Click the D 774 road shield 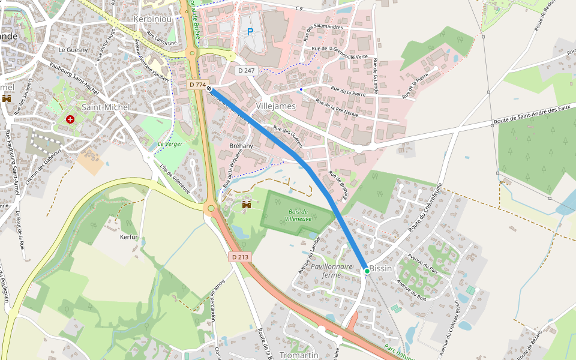pos(196,85)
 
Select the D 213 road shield pos(240,257)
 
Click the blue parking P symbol pos(250,31)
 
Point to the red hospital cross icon pos(71,119)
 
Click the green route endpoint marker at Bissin pos(367,271)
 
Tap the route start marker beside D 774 pos(209,89)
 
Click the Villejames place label pos(276,106)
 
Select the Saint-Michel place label pos(106,107)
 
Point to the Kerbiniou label pos(154,19)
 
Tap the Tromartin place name pos(299,355)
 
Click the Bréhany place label pos(241,146)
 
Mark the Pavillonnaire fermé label pos(331,269)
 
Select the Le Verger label pos(170,144)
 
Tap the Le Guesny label pos(73,49)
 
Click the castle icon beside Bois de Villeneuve pos(246,205)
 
